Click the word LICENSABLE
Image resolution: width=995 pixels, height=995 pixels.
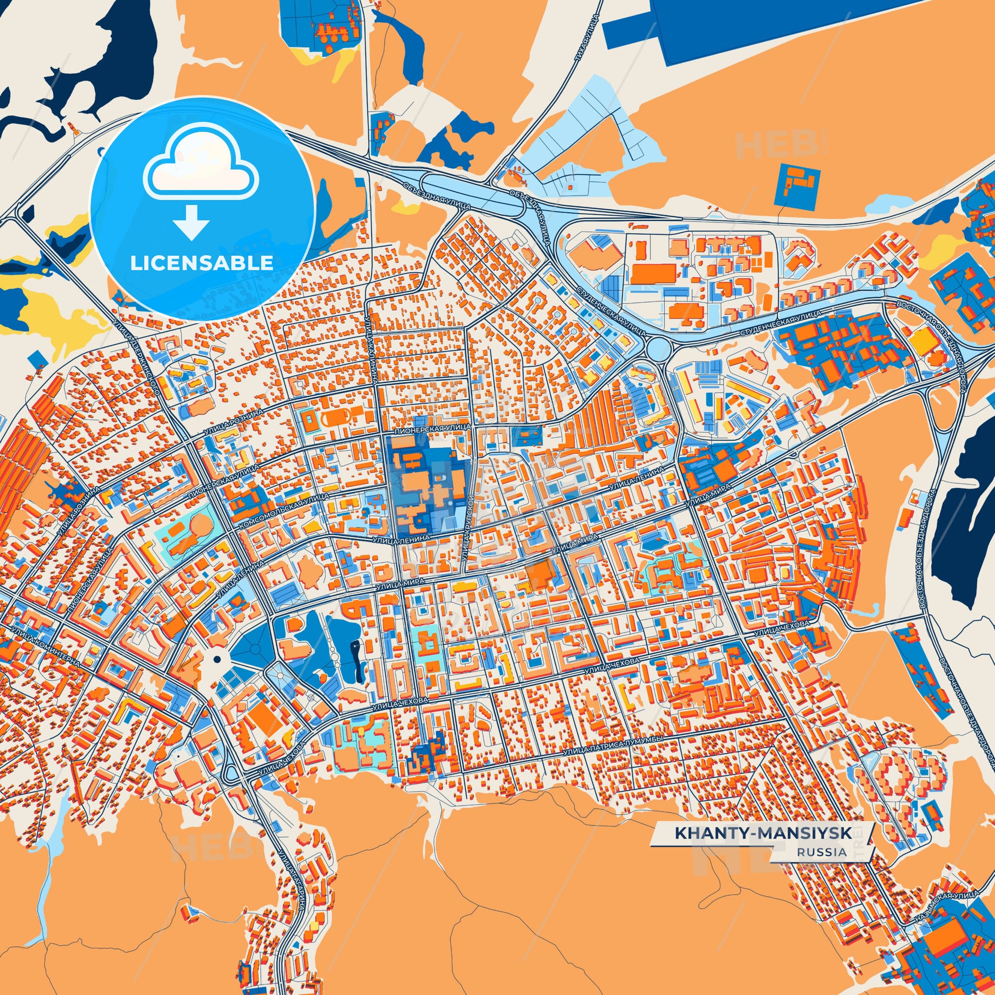click(x=201, y=263)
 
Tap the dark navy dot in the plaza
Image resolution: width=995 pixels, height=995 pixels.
click(x=217, y=659)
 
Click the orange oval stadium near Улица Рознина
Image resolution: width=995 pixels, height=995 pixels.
click(x=337, y=417)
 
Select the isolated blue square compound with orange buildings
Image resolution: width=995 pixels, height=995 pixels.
click(x=797, y=187)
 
